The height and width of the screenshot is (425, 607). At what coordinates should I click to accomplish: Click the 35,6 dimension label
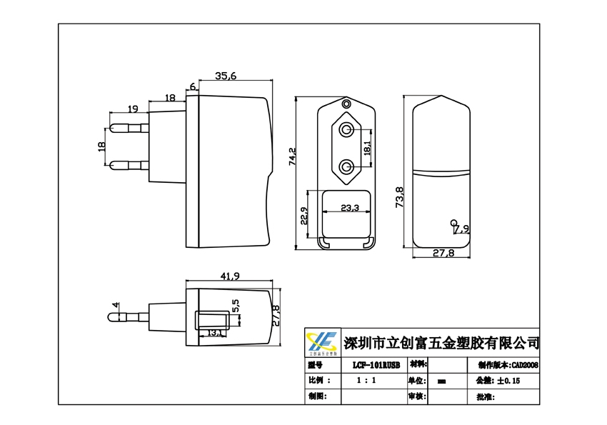pyautogui.click(x=226, y=76)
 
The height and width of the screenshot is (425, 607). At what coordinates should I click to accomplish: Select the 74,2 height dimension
pyautogui.click(x=292, y=156)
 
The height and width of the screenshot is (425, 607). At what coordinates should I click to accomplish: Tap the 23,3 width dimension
pyautogui.click(x=349, y=208)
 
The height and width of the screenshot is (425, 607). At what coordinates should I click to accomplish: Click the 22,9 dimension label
pyautogui.click(x=303, y=216)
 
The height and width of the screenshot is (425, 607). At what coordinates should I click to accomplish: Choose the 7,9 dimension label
pyautogui.click(x=461, y=229)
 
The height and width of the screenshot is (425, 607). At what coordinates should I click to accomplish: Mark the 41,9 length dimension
pyautogui.click(x=229, y=276)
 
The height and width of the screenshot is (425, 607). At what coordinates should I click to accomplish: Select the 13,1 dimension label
pyautogui.click(x=214, y=333)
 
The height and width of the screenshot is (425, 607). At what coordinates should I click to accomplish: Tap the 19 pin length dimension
pyautogui.click(x=132, y=109)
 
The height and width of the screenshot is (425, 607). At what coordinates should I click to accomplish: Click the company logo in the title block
pyautogui.click(x=322, y=343)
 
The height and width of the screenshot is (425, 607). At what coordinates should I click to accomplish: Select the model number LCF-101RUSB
pyautogui.click(x=378, y=364)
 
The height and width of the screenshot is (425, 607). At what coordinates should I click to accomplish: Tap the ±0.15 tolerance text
pyautogui.click(x=508, y=381)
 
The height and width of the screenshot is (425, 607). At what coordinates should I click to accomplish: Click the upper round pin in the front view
pyautogui.click(x=346, y=130)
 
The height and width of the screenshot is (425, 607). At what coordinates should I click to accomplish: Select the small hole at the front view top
pyautogui.click(x=347, y=104)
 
